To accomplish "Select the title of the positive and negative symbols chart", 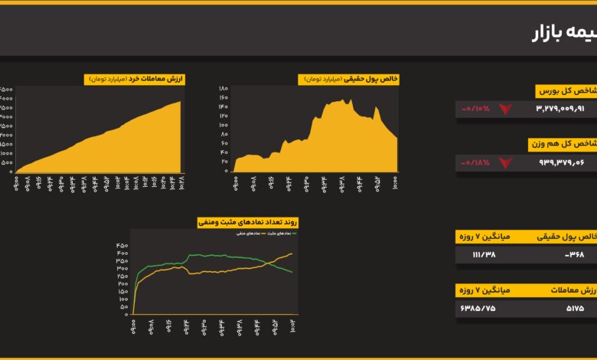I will coord(247,222).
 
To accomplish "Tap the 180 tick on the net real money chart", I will coord(223,89).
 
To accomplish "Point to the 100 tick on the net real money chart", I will coord(223,125).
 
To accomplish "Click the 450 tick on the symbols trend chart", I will coord(122,246).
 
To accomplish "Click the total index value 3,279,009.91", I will coord(560,109).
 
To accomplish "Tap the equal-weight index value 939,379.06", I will coord(561,162).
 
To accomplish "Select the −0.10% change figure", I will coord(475,109).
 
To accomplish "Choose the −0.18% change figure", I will coord(475,162).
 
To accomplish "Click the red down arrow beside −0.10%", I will coord(505,110).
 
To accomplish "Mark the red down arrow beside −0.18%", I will coord(505,163).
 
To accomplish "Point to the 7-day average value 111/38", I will coord(484,254).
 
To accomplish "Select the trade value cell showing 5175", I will coord(575,308).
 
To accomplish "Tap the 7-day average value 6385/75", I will coord(478,308).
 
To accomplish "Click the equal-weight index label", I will coord(563,144).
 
